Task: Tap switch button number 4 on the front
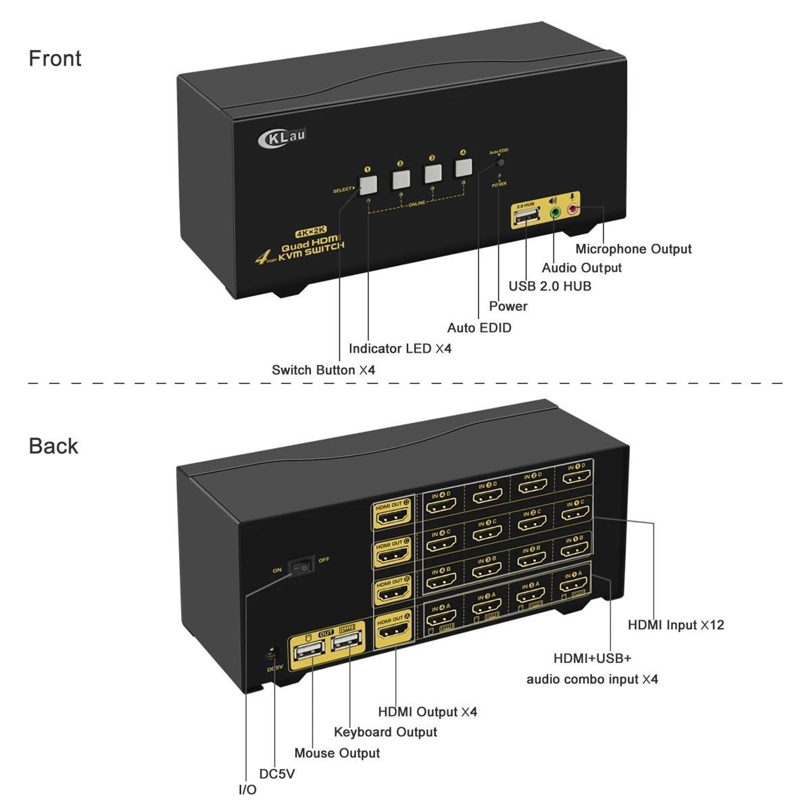[x=463, y=168]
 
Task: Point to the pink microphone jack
[x=573, y=209]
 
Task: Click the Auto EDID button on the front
[x=501, y=163]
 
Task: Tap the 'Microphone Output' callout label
[x=633, y=249]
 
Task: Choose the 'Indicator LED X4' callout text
[x=399, y=349]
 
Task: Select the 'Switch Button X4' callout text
[x=323, y=370]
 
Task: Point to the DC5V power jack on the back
[x=272, y=654]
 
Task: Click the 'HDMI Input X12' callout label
[x=676, y=625]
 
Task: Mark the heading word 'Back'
[x=53, y=446]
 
